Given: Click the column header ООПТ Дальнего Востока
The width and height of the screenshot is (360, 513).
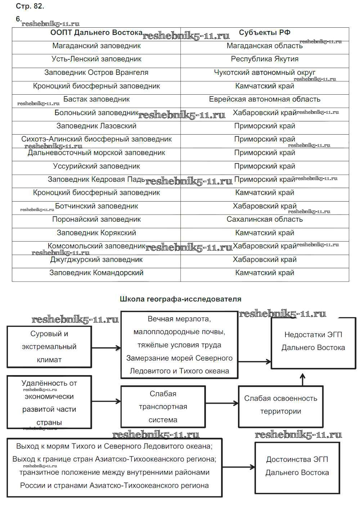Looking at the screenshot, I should pyautogui.click(x=96, y=33).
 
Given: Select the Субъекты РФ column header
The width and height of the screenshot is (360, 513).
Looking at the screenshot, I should pyautogui.click(x=265, y=33).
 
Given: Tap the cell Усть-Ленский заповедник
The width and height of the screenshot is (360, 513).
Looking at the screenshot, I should pyautogui.click(x=96, y=59).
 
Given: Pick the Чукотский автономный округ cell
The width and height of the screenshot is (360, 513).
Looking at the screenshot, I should pyautogui.click(x=265, y=73).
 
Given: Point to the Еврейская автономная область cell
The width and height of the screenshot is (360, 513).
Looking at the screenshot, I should pyautogui.click(x=265, y=99).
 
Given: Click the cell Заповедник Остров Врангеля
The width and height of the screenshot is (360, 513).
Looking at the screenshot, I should pyautogui.click(x=96, y=73).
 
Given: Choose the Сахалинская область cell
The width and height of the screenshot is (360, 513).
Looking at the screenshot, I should pyautogui.click(x=265, y=220).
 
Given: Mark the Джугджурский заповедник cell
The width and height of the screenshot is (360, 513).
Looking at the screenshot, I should pyautogui.click(x=96, y=260).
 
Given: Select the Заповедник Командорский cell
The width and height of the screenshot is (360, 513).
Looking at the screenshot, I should pyautogui.click(x=96, y=273).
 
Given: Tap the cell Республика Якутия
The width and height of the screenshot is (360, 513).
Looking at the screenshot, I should pyautogui.click(x=265, y=59).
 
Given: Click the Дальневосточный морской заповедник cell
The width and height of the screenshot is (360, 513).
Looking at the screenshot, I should pyautogui.click(x=96, y=153).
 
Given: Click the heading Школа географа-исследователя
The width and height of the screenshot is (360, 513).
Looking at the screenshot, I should pyautogui.click(x=180, y=299).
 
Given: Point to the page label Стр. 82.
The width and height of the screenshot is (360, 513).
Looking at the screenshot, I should pyautogui.click(x=30, y=6).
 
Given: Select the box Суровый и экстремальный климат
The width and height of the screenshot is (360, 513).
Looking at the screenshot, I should pyautogui.click(x=49, y=347).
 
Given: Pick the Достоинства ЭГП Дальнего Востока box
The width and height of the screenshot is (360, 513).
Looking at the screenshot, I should pyautogui.click(x=297, y=466).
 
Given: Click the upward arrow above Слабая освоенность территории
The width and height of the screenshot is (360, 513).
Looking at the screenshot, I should pyautogui.click(x=302, y=379).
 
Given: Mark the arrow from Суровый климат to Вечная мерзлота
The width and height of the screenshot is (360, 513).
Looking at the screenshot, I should pyautogui.click(x=106, y=348).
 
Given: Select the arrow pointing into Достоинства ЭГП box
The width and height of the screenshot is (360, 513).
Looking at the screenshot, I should pyautogui.click(x=238, y=467).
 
